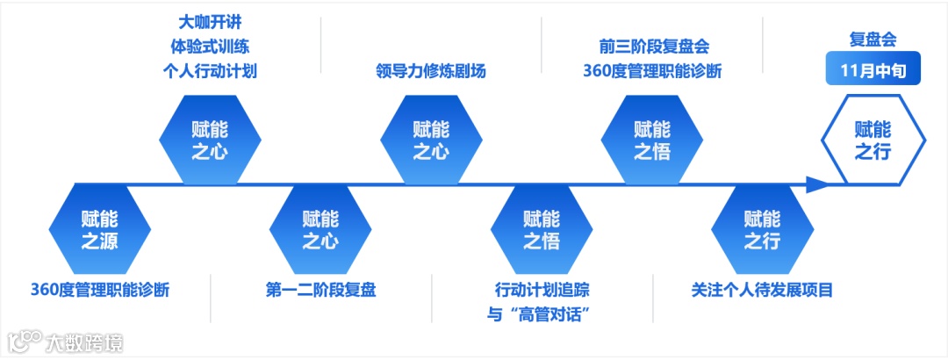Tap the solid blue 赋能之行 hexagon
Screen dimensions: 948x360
coord(762,228)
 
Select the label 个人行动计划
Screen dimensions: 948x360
coord(210,71)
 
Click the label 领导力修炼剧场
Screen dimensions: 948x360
coord(430,71)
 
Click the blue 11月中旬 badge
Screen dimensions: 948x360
coord(873,70)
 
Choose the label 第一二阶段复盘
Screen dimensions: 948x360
coord(320,290)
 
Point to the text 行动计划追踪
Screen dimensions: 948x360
coord(541,290)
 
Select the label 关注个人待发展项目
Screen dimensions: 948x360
coord(762,290)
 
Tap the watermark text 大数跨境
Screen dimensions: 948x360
coord(84,342)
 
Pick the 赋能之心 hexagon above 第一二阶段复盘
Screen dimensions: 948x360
coord(320,228)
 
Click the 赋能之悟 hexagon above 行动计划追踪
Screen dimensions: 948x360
coord(541,228)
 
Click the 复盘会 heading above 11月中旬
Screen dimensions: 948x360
coord(873,40)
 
